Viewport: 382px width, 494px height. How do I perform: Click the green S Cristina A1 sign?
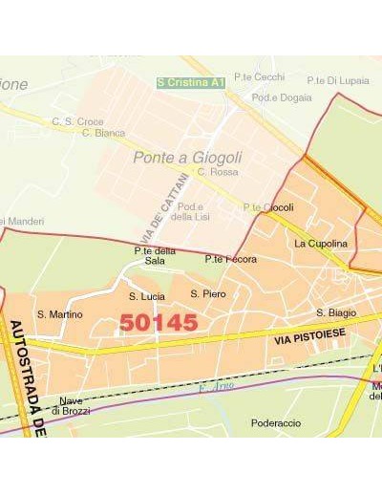click(x=191, y=83)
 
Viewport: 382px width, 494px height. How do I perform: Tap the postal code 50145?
click(x=159, y=323)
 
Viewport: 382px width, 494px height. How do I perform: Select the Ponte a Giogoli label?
click(x=187, y=158)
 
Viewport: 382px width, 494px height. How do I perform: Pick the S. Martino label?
click(x=60, y=314)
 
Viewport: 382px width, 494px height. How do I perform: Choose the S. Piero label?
click(x=208, y=294)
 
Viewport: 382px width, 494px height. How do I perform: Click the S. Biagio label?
click(x=336, y=312)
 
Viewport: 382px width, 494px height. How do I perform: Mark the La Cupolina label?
click(x=321, y=244)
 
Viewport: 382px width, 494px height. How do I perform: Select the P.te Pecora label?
click(x=230, y=259)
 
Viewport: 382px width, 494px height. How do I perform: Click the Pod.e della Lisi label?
click(x=191, y=212)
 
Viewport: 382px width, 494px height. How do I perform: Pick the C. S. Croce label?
click(x=77, y=121)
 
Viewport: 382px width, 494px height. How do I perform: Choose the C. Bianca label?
click(x=104, y=133)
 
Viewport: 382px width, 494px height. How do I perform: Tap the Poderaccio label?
click(x=276, y=422)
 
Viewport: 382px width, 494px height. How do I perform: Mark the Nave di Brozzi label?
click(x=71, y=405)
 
